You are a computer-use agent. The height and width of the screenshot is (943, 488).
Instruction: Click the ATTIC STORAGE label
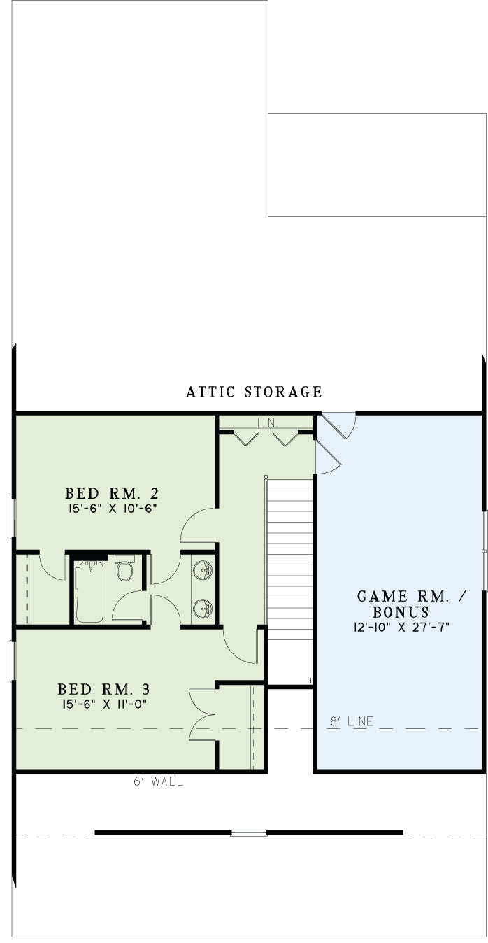point(254,392)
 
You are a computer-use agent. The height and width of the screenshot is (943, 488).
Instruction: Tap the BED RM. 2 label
point(112,493)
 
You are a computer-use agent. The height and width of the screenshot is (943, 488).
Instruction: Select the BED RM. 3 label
point(103,689)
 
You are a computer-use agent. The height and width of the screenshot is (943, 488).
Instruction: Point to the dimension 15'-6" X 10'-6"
point(112,508)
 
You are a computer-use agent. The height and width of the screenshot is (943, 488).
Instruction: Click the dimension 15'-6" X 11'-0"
point(104,704)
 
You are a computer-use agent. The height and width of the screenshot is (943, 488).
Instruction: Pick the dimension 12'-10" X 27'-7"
point(401,628)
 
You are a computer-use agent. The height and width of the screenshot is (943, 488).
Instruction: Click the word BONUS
point(401,611)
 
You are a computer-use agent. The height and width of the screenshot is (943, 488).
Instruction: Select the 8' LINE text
point(352,721)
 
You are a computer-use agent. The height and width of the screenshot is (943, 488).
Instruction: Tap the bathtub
point(89,592)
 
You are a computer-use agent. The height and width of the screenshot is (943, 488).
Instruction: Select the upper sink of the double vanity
point(203,570)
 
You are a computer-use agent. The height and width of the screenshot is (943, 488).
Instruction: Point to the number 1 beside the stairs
point(310,681)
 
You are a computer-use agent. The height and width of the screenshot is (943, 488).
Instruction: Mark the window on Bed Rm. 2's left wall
point(13,518)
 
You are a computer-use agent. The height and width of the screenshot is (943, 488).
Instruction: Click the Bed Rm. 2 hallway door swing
point(198,525)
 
